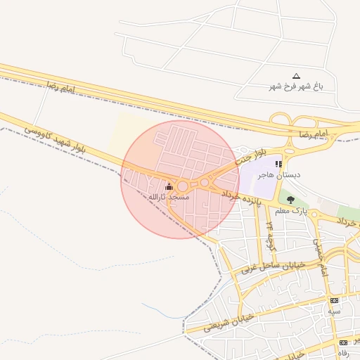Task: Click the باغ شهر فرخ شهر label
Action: pos(296,86)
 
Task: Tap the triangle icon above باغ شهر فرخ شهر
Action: pos(296,75)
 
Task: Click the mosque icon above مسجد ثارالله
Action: pos(169,186)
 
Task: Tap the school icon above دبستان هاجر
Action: pos(278,164)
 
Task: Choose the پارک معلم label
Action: pos(291,210)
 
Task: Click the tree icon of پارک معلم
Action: pos(291,200)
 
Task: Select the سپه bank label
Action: pos(334,310)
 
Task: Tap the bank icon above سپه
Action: pos(334,300)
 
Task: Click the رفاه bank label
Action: pos(344,352)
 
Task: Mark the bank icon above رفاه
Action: pos(344,342)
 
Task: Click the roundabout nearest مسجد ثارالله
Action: pos(183,186)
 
